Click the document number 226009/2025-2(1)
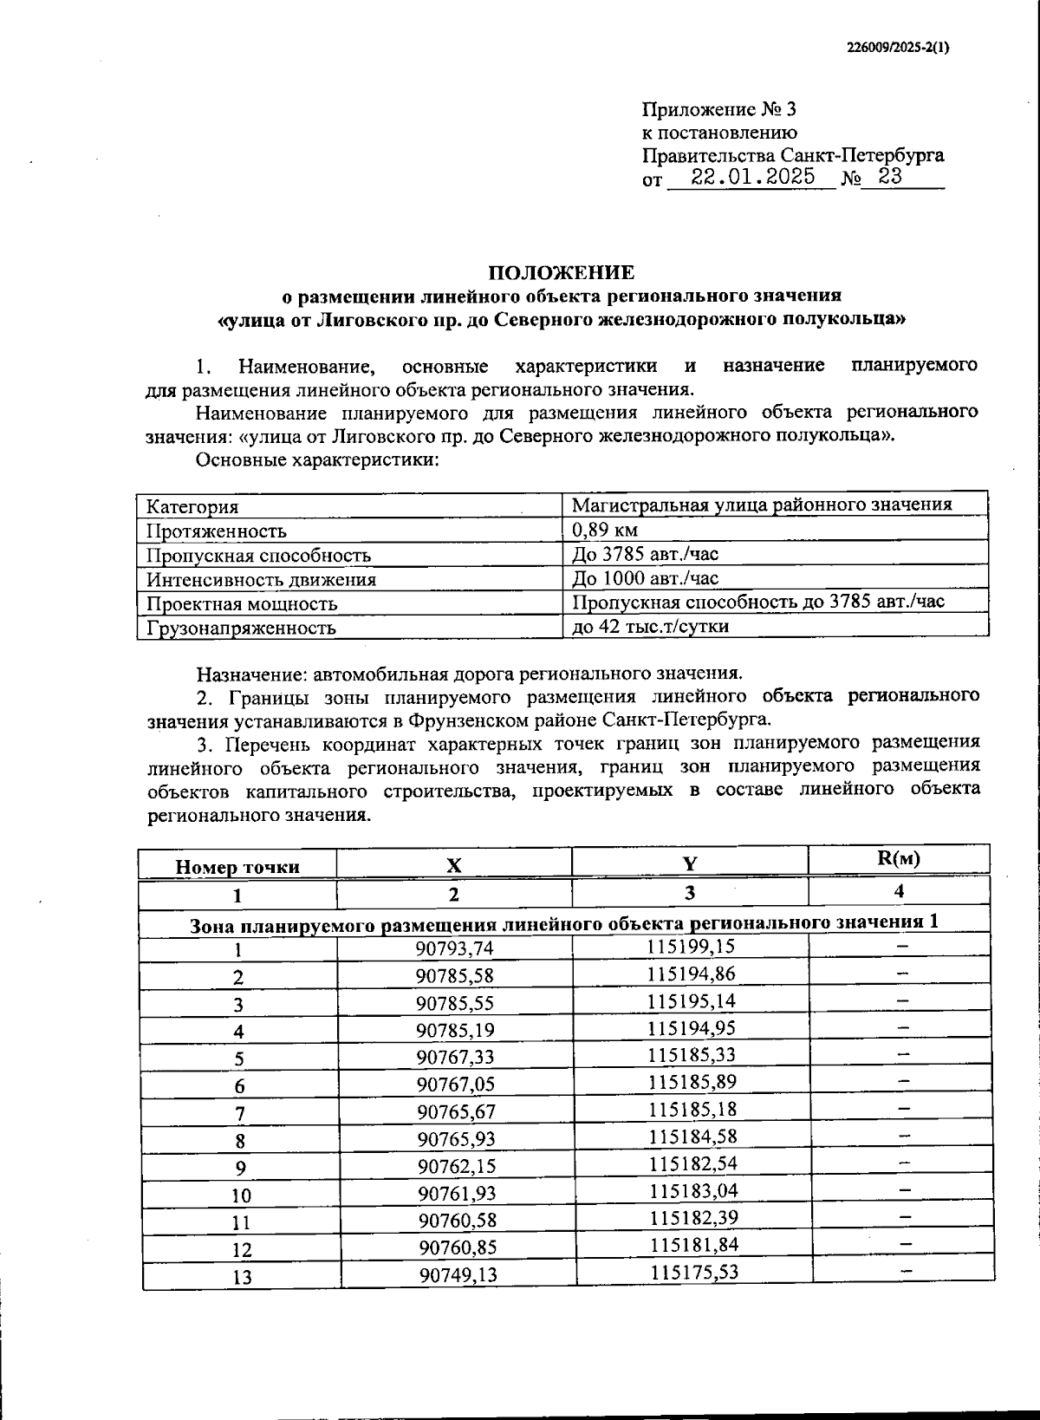coord(898,48)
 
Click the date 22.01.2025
coord(753,177)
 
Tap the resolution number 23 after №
coord(890,177)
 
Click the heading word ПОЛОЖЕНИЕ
coord(561,273)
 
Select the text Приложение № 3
coord(718,110)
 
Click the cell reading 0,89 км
coord(605,530)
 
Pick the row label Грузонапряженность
coord(241,628)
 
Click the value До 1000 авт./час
coord(645,578)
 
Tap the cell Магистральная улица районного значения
coord(762,505)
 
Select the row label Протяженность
coord(216,531)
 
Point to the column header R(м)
coord(899,859)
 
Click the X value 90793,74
coord(454,948)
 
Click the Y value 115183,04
coord(693,1190)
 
